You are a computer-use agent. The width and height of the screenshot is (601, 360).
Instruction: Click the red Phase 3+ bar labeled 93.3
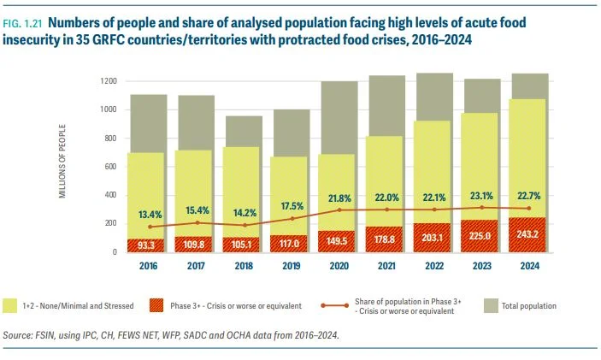(x=145, y=245)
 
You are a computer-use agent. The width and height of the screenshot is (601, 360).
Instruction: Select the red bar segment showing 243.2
(x=527, y=234)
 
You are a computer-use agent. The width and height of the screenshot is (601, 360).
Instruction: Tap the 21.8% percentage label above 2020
(x=339, y=198)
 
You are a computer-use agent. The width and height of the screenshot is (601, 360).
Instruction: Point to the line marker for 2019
(x=292, y=219)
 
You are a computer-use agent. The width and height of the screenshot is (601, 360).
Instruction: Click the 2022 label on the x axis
(x=434, y=266)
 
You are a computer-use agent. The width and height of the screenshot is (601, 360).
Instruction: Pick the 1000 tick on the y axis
(x=109, y=109)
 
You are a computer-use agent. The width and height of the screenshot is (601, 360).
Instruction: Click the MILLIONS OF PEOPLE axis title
(x=62, y=161)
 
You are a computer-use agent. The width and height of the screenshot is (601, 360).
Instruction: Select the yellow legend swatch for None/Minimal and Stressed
(x=9, y=305)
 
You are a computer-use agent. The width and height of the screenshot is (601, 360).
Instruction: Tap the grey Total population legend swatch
(x=491, y=305)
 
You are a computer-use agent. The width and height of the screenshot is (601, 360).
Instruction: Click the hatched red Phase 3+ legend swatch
(x=156, y=305)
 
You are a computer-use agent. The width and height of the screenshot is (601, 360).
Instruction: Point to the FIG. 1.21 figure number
(x=22, y=24)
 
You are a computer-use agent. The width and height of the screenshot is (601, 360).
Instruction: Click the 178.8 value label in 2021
(x=385, y=239)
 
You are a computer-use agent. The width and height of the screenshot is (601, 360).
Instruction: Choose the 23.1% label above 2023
(x=482, y=196)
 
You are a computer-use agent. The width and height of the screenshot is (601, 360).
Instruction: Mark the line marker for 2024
(x=529, y=209)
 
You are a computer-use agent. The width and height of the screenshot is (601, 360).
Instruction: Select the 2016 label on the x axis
(x=149, y=266)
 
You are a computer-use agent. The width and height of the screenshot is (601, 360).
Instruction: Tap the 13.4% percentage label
(x=150, y=215)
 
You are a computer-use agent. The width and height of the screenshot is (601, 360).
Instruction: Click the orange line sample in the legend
(x=335, y=305)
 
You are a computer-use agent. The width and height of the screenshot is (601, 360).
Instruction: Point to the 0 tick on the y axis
(x=115, y=252)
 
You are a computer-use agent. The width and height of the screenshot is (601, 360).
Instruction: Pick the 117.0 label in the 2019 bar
(x=289, y=244)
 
